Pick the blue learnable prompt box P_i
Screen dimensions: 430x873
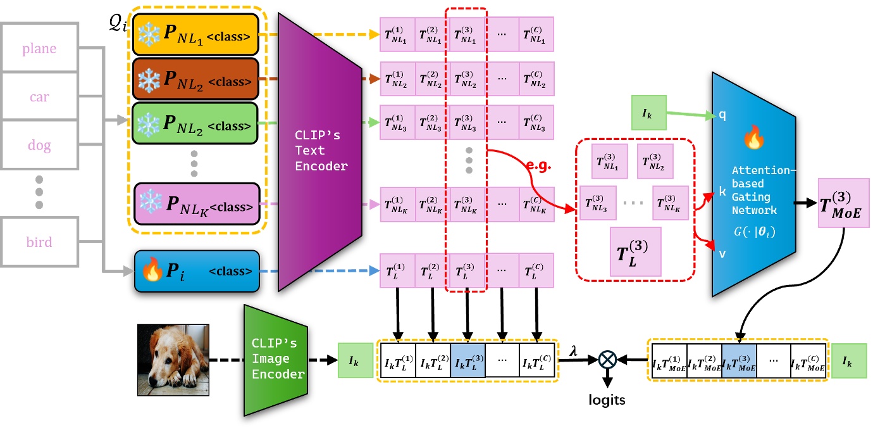coord(197,271)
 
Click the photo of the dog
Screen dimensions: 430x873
coord(173,360)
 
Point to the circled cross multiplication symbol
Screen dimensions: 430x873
coord(607,360)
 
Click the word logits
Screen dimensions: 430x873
coord(607,400)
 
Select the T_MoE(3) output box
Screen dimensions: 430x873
coord(844,204)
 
